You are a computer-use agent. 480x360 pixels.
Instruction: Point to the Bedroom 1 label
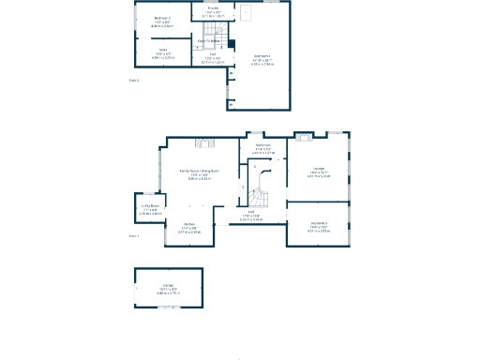point(261,59)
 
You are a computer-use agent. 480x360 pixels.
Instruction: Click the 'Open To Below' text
point(208,41)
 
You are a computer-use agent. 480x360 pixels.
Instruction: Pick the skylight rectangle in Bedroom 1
point(246,13)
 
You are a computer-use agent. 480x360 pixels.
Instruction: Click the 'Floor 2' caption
point(134,81)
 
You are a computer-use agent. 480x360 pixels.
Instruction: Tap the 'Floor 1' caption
point(134,236)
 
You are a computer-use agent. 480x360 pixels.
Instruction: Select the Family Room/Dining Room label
point(199,171)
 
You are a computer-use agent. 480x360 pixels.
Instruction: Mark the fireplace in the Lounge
point(304,139)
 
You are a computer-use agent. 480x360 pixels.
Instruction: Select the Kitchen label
point(187,224)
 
